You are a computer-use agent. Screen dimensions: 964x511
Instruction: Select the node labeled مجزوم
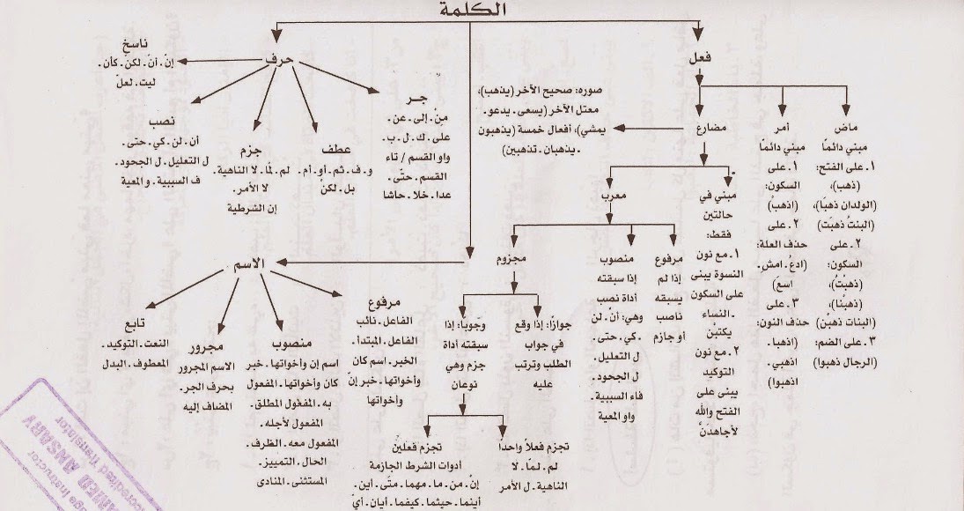coord(511,262)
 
